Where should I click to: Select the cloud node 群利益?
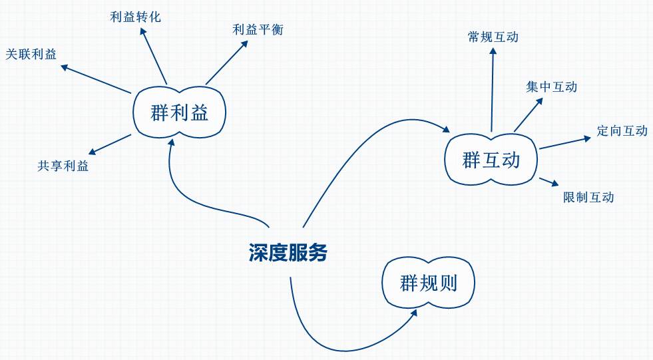coord(180,113)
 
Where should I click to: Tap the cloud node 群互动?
coord(491,160)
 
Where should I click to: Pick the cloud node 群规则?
coord(428,283)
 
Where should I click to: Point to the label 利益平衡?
coord(258,29)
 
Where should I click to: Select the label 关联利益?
coord(31,55)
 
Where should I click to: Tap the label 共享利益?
coord(63,166)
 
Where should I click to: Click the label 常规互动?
coord(493,37)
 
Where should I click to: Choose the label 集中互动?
coord(551,87)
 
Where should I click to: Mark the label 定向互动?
coord(622,130)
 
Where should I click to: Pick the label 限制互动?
coord(588,197)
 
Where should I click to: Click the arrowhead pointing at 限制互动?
coord(554,184)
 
